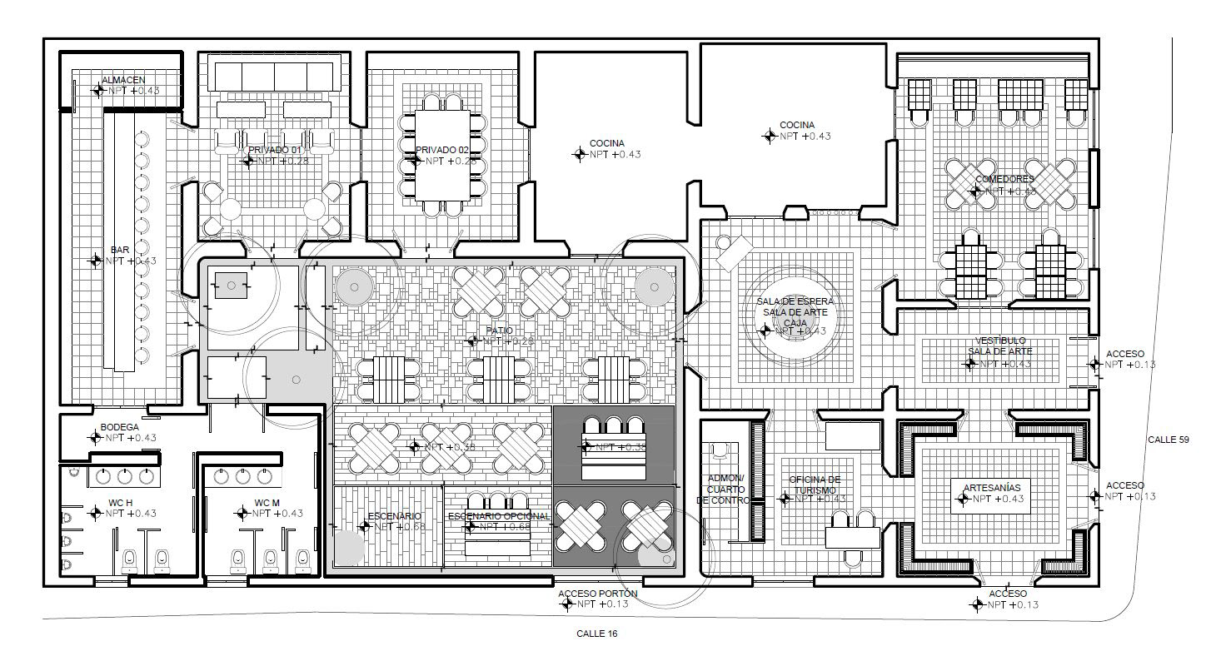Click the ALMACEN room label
[x=123, y=80]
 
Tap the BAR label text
[x=119, y=250]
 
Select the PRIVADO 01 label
[x=274, y=150]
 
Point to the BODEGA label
[x=119, y=427]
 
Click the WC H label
[x=121, y=503]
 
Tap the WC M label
[x=267, y=503]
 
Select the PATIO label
[x=500, y=331]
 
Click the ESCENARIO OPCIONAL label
[x=499, y=516]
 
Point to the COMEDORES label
[x=1004, y=179]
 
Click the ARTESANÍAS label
[x=991, y=488]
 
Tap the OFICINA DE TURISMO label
[x=815, y=485]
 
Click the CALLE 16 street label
[x=597, y=634]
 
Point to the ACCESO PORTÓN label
[x=597, y=594]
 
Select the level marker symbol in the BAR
[x=95, y=261]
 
